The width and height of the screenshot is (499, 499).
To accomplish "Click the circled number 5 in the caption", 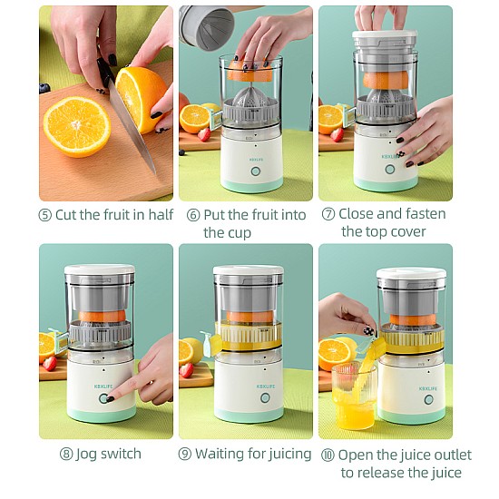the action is [x=44, y=215].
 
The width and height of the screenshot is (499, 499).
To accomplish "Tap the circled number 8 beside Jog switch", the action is [x=66, y=454].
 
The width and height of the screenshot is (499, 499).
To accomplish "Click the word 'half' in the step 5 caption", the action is [x=161, y=214].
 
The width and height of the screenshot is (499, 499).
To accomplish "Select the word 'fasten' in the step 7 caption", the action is [x=426, y=214].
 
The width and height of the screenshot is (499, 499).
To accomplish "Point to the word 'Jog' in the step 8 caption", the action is [x=86, y=455].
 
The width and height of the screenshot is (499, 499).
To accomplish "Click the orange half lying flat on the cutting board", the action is [x=77, y=127].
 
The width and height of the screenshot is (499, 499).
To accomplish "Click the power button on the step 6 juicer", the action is [x=255, y=171].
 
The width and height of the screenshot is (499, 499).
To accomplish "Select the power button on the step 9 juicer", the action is [x=265, y=397].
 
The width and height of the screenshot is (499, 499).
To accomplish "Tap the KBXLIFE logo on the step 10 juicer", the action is [x=428, y=388].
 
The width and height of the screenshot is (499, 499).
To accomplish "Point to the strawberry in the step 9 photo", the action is [x=187, y=370].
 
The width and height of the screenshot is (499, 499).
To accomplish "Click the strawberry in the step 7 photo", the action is [x=337, y=135].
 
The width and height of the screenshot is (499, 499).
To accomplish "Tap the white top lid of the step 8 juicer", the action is [x=100, y=269].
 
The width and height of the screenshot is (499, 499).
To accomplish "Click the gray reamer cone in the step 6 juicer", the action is [x=250, y=95].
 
